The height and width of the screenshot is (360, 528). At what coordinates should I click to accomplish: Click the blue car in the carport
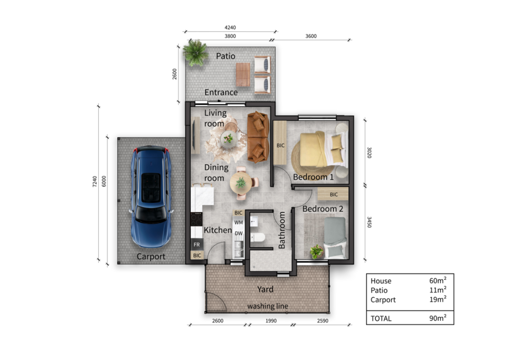151,196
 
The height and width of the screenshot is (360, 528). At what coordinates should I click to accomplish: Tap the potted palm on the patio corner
195,53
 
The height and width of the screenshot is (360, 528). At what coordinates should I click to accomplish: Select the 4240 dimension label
230,27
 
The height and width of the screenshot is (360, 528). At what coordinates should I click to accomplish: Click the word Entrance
221,92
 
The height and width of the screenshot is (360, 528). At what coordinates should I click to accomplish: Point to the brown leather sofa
258,137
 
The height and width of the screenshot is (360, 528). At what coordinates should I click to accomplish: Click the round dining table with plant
241,183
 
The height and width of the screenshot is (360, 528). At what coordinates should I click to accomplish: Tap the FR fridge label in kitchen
196,244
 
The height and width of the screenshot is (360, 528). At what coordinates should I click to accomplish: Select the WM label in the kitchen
239,223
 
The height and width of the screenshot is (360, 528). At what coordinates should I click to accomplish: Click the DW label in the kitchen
239,233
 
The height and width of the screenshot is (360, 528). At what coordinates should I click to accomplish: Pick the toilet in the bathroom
258,238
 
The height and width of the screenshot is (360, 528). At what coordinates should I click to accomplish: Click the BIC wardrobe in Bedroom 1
280,143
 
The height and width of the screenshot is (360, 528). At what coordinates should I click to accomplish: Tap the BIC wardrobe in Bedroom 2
333,194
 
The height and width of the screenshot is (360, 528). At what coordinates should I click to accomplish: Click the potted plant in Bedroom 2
316,251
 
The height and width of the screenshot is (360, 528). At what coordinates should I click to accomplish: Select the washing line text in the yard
268,306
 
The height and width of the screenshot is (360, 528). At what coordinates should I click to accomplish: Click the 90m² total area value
438,318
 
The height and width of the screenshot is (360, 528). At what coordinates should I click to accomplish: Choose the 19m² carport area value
438,299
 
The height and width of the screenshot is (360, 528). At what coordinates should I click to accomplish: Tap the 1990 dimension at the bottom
271,320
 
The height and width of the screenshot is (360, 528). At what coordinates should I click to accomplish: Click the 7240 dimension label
95,182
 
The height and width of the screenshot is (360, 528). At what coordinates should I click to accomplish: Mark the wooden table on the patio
243,75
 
